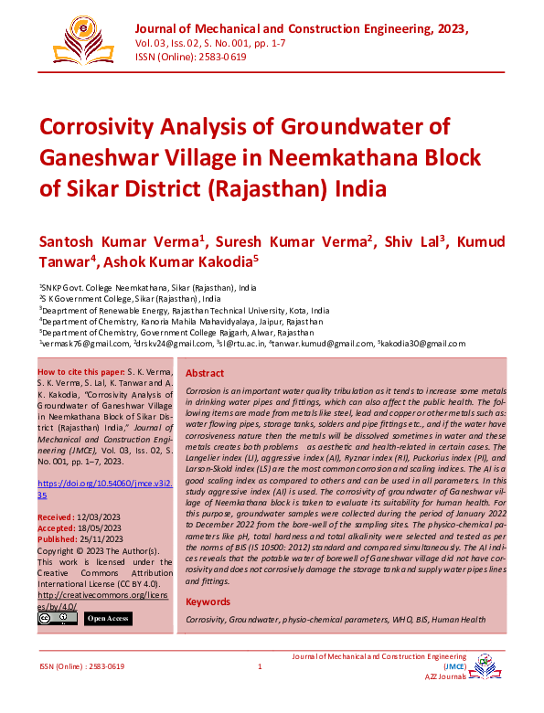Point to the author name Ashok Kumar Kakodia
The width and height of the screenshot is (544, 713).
[181, 261]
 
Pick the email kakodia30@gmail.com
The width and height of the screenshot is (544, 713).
[423, 344]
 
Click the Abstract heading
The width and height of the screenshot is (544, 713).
[205, 374]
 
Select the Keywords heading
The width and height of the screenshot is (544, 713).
[208, 601]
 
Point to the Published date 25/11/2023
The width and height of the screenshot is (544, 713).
[106, 539]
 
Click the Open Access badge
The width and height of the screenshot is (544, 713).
[108, 619]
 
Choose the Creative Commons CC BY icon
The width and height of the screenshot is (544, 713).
[57, 619]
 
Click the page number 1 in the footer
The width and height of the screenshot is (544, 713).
[261, 666]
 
